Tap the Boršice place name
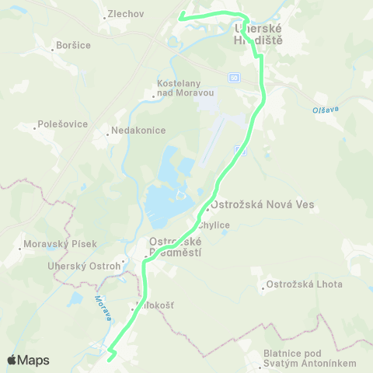pos(74,46)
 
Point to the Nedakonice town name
pos(139,131)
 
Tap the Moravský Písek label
pos(61,244)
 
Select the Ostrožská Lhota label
pos(305,284)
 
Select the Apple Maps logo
pos(28,360)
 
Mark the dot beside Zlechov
pos(105,16)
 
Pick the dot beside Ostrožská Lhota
pos(262,284)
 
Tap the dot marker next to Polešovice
pos(34,124)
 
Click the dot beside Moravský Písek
pos(20,249)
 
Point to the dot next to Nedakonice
pos(108,134)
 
